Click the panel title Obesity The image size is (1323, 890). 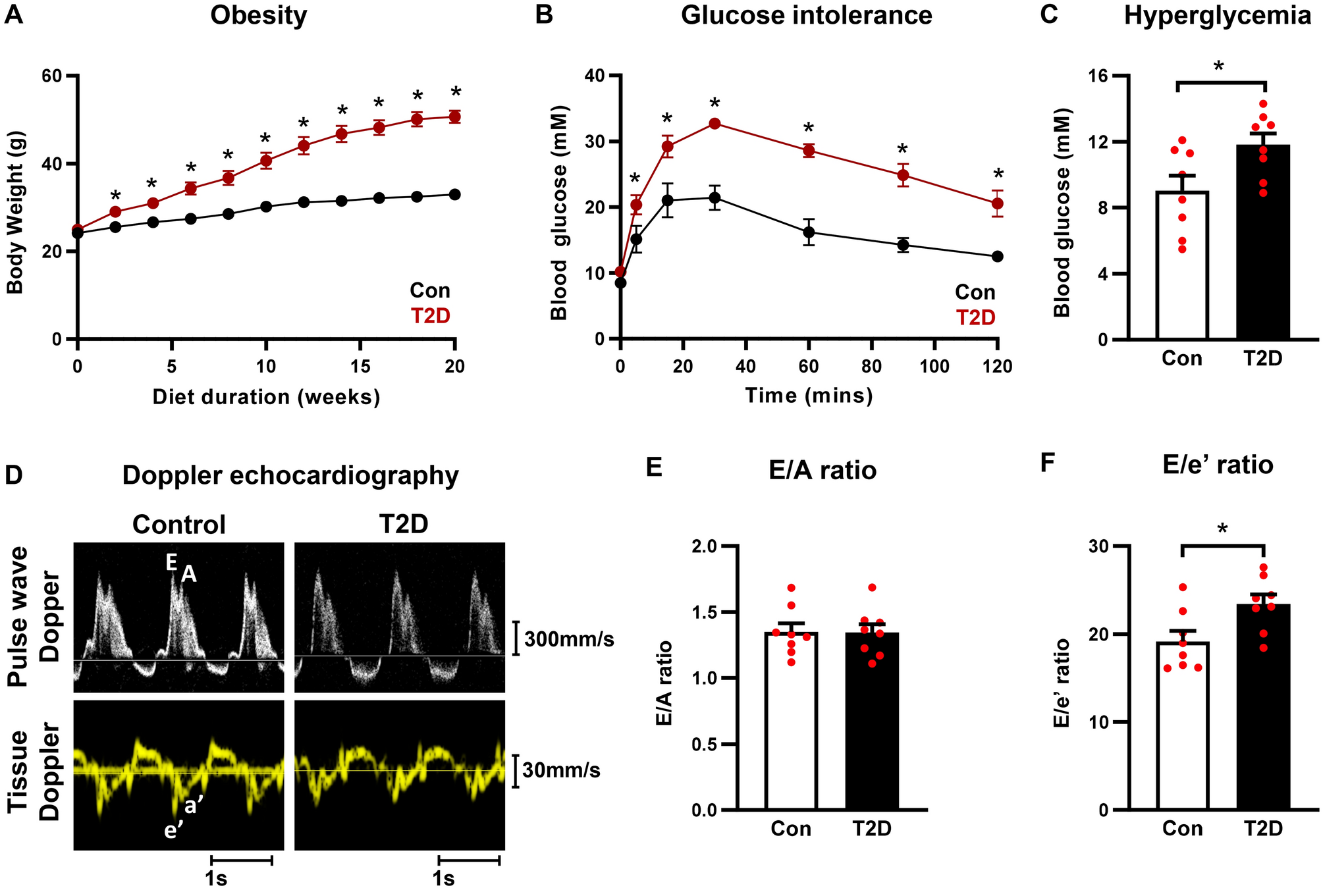pos(258,15)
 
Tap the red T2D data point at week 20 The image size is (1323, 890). pos(454,117)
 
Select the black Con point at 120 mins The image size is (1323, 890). pos(997,256)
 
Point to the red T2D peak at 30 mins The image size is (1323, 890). pos(715,123)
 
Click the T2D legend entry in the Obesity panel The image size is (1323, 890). pos(431,316)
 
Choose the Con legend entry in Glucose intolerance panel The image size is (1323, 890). pos(975,292)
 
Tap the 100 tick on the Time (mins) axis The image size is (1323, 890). pos(934,366)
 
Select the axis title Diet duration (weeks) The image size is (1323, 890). pos(266,397)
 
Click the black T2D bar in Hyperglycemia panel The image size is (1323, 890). pos(1262,244)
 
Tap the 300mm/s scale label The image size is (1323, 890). pos(569,639)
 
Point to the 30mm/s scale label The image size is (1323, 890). pos(561,770)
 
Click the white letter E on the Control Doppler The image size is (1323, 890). pos(171,562)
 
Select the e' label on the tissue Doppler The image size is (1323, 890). pos(173,831)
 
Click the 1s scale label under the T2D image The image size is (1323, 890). pos(443,879)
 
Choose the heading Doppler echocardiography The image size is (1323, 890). pos(290,475)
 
